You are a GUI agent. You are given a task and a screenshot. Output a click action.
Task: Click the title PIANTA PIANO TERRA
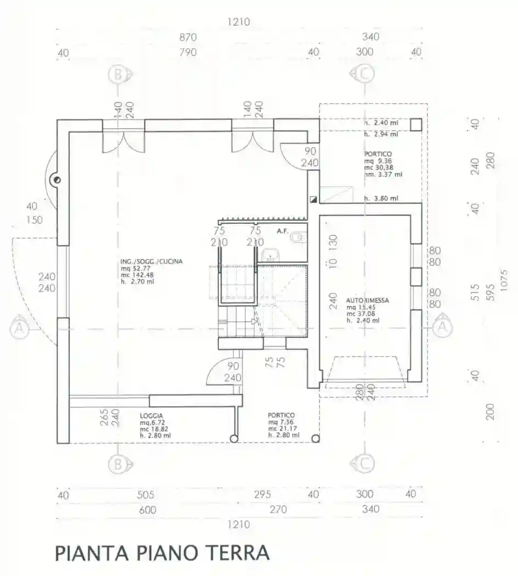point(162,552)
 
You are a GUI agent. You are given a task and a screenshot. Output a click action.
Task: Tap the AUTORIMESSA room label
point(368,301)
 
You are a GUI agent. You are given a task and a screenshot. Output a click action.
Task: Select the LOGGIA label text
point(152,416)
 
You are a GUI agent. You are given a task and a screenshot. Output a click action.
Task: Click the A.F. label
point(283,231)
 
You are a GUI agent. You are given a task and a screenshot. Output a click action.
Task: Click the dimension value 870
point(187,37)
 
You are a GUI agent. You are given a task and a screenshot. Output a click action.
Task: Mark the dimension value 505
point(145,495)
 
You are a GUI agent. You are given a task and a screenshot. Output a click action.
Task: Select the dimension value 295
point(262,495)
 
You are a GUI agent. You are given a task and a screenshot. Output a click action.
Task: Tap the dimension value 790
point(187,53)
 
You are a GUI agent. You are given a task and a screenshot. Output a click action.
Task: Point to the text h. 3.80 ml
point(381,199)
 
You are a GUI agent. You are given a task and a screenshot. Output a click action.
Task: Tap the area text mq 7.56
point(280,422)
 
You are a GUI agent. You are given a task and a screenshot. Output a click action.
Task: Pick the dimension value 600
point(147,510)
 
